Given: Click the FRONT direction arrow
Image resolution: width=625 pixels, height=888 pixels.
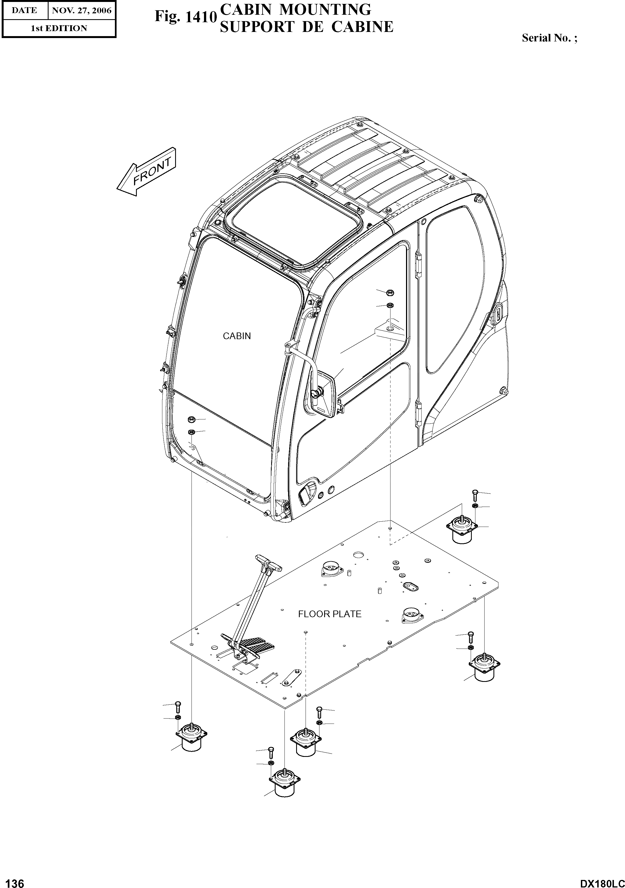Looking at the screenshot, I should tap(147, 172).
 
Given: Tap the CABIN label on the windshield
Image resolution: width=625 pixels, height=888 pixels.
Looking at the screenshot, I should tap(236, 336).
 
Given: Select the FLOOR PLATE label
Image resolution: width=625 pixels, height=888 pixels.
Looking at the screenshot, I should tap(329, 614).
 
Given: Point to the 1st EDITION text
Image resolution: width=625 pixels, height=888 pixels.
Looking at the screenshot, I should tap(59, 28).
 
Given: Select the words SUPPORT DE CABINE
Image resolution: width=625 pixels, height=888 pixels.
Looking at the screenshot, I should tap(306, 27).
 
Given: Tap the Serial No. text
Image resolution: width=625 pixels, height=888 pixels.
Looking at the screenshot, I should tap(549, 38).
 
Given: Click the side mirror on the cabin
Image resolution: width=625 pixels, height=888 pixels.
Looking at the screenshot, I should tap(324, 394).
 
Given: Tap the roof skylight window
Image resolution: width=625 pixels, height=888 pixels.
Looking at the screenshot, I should tap(294, 224).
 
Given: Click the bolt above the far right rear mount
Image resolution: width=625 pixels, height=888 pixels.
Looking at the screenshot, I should tap(475, 495).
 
